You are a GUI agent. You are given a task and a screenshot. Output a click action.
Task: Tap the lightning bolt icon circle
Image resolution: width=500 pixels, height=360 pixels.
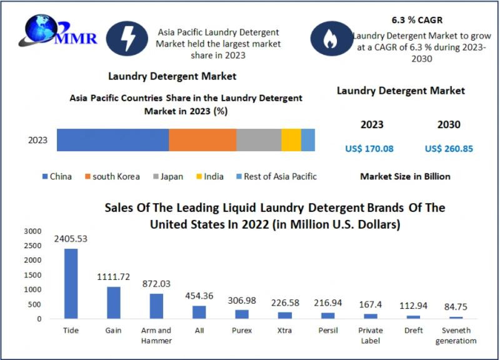click(127, 37)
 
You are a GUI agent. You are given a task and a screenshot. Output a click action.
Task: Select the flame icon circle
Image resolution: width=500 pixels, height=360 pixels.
click(329, 39)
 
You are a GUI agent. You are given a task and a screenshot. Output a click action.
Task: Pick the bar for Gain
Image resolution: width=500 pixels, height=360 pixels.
click(113, 302)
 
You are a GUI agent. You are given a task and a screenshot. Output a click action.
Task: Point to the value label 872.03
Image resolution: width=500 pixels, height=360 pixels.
click(155, 284)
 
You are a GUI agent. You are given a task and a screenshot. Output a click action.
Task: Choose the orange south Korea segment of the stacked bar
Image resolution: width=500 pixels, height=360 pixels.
click(202, 140)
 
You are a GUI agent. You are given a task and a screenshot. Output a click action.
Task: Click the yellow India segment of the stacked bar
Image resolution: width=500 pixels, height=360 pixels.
click(291, 140)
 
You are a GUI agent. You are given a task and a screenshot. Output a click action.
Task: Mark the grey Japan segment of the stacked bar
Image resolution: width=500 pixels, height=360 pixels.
click(259, 140)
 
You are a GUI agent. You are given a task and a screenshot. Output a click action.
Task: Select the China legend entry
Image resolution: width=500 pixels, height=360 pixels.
click(57, 176)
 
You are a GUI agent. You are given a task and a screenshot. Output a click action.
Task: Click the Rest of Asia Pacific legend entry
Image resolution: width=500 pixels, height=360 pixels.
click(275, 176)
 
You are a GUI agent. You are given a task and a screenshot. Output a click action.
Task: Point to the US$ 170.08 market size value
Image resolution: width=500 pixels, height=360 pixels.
click(369, 149)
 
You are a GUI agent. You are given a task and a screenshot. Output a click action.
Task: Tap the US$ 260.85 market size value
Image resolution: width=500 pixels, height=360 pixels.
click(448, 149)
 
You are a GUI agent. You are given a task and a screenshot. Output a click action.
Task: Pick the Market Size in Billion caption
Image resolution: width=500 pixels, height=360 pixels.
click(405, 176)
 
